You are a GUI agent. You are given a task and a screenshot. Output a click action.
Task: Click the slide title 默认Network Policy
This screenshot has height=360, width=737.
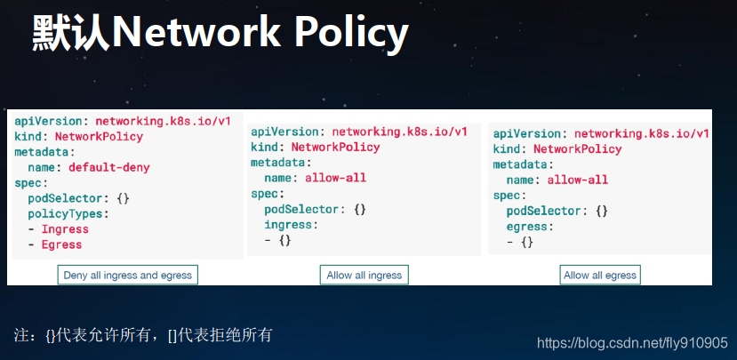[220, 34]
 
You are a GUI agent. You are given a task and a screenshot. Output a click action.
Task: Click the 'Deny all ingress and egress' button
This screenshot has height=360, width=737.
[128, 276]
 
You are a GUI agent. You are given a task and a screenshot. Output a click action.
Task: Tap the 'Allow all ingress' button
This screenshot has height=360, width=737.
[364, 276]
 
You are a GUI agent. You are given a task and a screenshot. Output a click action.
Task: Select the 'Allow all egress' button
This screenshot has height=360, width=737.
[600, 276]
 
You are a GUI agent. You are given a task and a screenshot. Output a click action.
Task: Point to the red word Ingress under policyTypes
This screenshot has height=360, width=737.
[65, 229]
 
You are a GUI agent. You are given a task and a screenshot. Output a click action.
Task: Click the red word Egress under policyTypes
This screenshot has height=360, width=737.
[61, 244]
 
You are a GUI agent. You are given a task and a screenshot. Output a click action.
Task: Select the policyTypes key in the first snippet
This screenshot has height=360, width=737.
[68, 214]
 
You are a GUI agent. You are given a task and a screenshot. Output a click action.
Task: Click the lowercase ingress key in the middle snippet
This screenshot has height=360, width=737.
[288, 225]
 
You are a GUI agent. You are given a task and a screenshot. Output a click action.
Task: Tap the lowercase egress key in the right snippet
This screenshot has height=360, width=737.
[527, 227]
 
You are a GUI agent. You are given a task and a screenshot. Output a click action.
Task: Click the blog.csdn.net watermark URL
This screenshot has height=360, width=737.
[632, 342]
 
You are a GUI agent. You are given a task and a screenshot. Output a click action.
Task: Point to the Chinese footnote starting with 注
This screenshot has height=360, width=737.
[143, 335]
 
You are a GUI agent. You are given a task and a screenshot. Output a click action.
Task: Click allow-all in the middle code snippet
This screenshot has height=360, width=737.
[335, 178]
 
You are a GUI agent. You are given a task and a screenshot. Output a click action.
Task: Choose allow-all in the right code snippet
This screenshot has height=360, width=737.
[578, 180]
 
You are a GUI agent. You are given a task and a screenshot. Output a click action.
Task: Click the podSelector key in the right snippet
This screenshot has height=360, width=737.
[543, 211]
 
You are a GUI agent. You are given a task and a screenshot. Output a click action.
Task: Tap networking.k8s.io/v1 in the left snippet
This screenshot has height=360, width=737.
[164, 121]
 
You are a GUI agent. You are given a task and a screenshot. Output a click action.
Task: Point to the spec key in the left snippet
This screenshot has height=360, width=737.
[30, 183]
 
